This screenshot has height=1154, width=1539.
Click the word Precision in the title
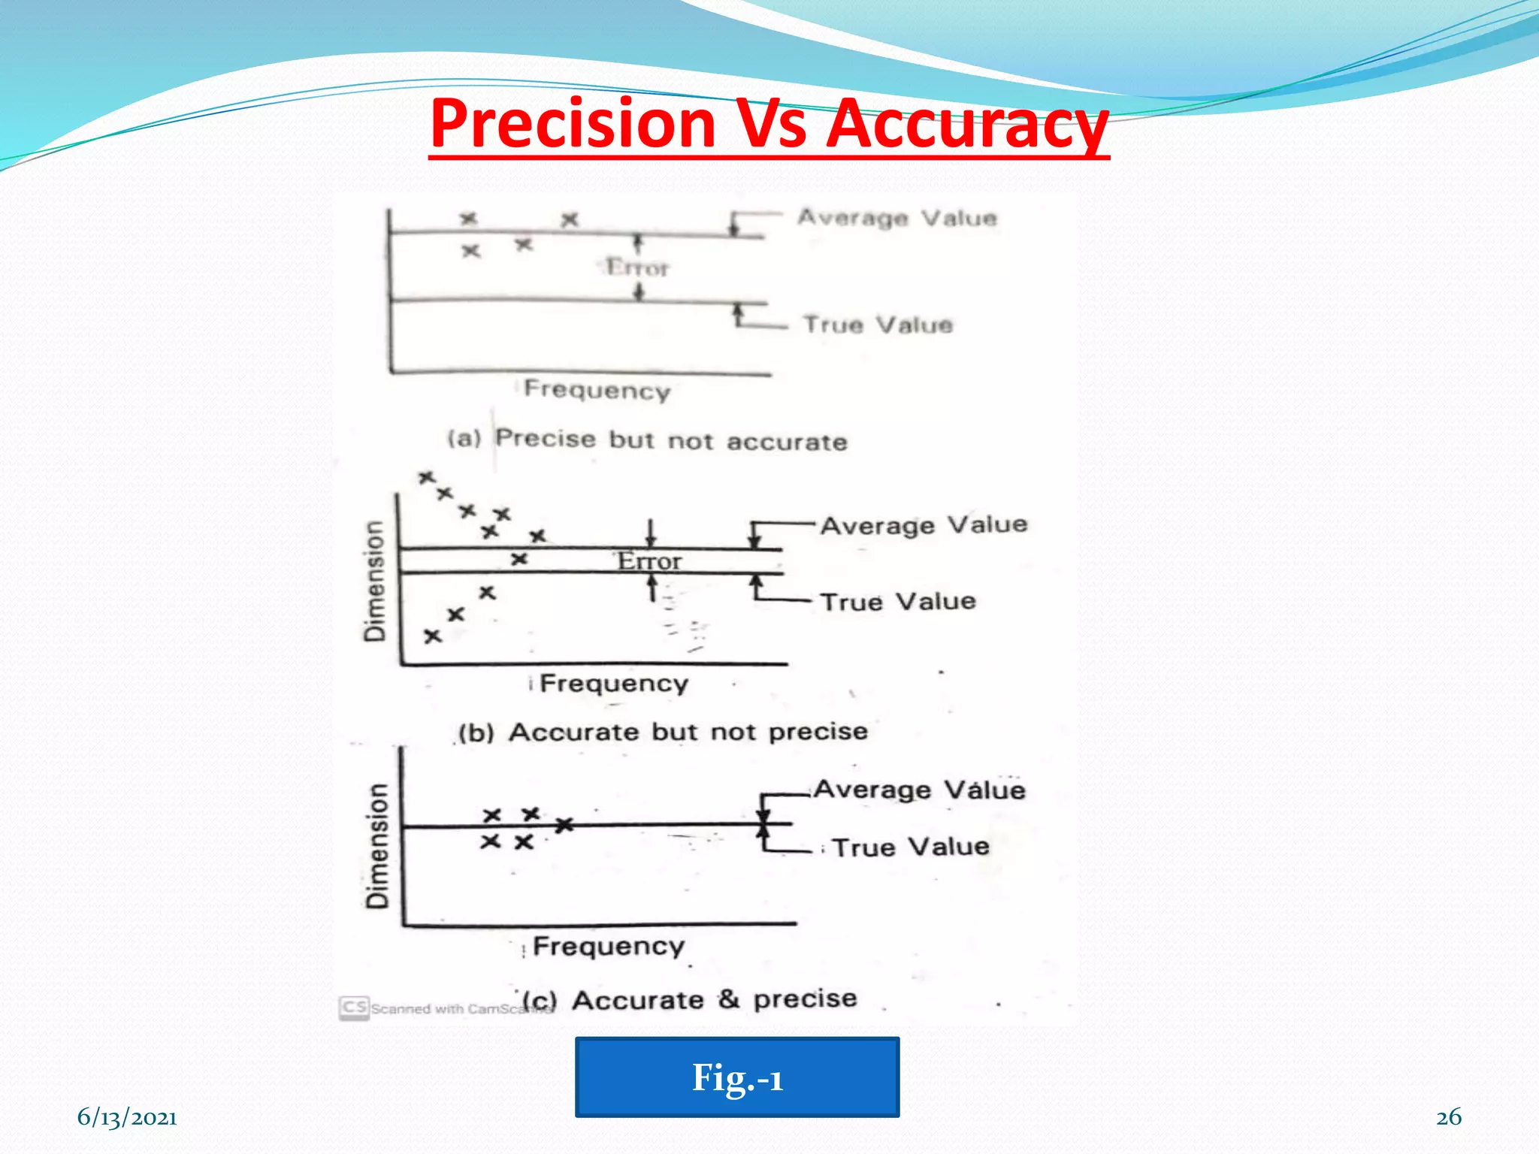click(573, 124)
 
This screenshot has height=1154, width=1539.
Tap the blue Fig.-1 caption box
click(736, 1077)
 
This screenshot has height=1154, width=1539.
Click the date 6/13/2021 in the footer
click(127, 1117)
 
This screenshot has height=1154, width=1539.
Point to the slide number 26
click(1448, 1117)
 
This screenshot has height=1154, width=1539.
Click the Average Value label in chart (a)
click(897, 218)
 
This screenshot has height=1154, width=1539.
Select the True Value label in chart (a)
click(878, 325)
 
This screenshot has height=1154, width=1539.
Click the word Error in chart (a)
click(637, 267)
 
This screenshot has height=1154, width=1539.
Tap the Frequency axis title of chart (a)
click(597, 389)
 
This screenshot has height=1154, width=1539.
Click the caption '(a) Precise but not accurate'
click(647, 440)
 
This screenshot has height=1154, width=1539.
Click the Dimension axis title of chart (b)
click(374, 581)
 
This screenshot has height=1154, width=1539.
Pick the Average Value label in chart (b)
click(924, 524)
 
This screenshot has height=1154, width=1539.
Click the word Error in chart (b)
click(649, 561)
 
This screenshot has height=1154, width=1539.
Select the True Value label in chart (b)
click(898, 602)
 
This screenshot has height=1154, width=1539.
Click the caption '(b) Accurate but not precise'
click(663, 732)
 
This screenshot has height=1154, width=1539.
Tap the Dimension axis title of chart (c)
click(377, 845)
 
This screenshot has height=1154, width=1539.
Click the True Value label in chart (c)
click(911, 847)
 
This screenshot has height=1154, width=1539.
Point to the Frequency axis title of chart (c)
click(609, 946)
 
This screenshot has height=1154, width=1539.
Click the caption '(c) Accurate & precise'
click(690, 1000)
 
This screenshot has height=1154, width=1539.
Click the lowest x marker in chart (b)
click(432, 636)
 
